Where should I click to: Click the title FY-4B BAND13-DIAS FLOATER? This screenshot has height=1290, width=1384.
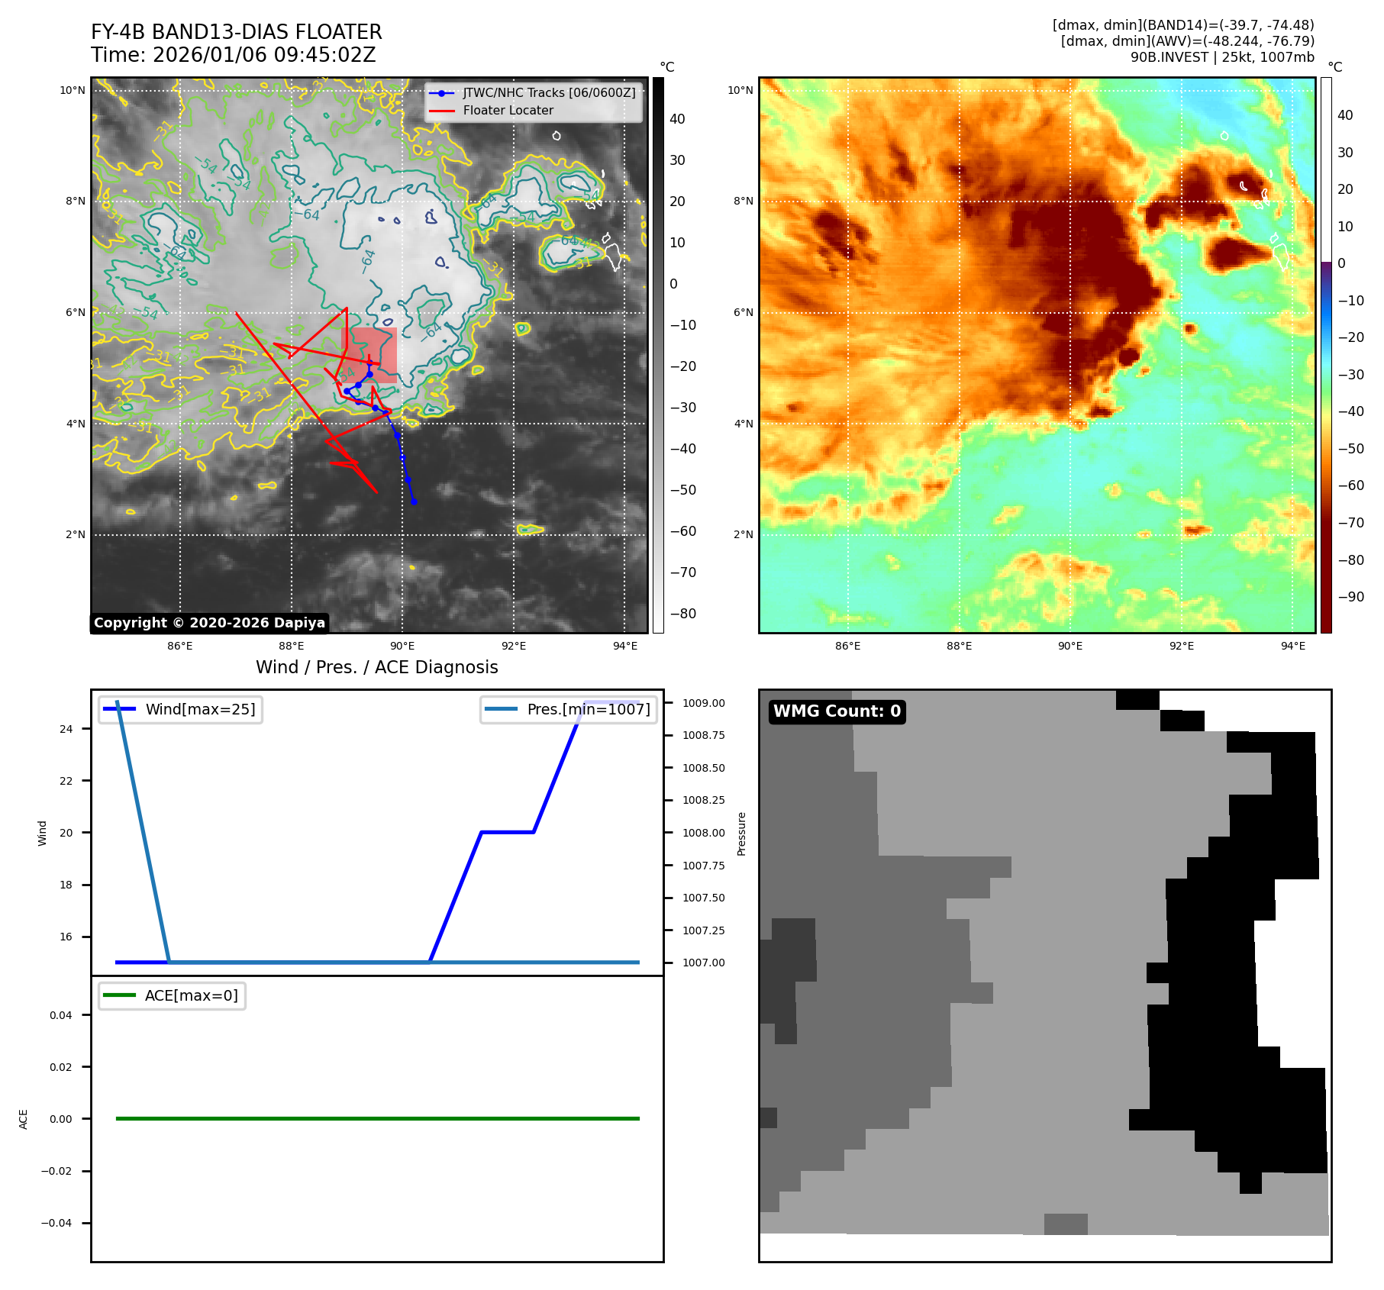(236, 32)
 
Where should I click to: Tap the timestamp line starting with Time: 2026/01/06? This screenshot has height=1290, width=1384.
(233, 55)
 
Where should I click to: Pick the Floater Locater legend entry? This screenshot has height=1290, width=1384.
(508, 111)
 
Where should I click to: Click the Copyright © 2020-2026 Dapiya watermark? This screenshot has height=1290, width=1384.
(209, 623)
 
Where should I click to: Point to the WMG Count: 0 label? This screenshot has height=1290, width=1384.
(837, 711)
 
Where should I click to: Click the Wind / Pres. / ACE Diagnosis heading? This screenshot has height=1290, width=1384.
(376, 667)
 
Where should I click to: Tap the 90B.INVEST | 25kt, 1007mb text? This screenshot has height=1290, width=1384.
(1221, 57)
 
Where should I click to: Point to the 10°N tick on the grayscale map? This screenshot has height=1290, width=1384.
(73, 91)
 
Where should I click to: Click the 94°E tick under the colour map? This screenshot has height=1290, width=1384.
(1292, 646)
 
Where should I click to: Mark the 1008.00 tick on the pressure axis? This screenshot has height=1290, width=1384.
(703, 833)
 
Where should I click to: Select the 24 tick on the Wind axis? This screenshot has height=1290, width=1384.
(66, 729)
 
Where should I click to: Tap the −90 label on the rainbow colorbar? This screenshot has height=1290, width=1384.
(1350, 597)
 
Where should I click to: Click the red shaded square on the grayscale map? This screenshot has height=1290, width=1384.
(369, 356)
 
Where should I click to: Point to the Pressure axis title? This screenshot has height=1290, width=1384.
(741, 834)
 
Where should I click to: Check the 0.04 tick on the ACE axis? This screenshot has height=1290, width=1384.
(61, 1015)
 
